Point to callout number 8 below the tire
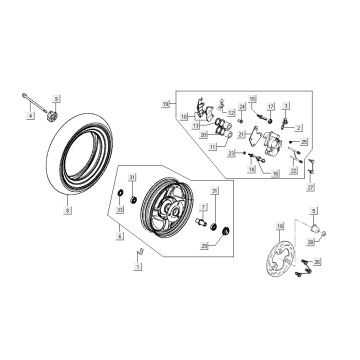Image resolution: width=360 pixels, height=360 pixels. coord(68,212)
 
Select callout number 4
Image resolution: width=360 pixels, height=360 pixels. coord(31,117)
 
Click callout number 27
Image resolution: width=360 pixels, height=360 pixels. coord(311,188)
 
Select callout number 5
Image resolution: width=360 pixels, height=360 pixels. coord(314,212)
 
